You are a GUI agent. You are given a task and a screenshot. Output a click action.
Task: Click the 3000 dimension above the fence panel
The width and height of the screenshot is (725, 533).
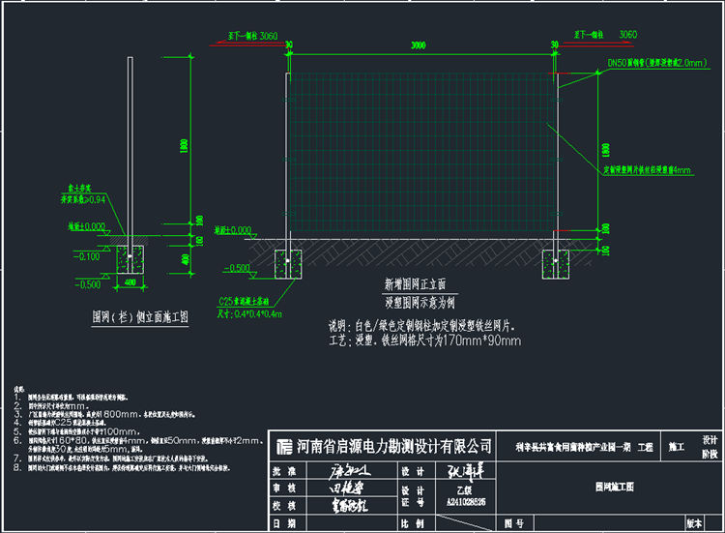click(418, 45)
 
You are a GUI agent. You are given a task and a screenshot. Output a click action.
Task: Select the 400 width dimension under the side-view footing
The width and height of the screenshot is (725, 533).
click(129, 281)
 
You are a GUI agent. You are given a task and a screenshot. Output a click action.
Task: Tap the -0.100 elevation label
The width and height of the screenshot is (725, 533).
click(90, 256)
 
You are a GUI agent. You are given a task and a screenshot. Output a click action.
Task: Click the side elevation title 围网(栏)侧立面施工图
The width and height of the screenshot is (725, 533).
click(139, 316)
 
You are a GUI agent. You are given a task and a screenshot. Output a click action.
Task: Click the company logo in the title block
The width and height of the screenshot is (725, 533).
click(283, 446)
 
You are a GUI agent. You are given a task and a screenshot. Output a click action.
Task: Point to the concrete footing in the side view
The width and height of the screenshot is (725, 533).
click(130, 259)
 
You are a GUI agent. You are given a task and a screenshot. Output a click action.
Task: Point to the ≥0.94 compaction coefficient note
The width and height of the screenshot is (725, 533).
click(84, 200)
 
